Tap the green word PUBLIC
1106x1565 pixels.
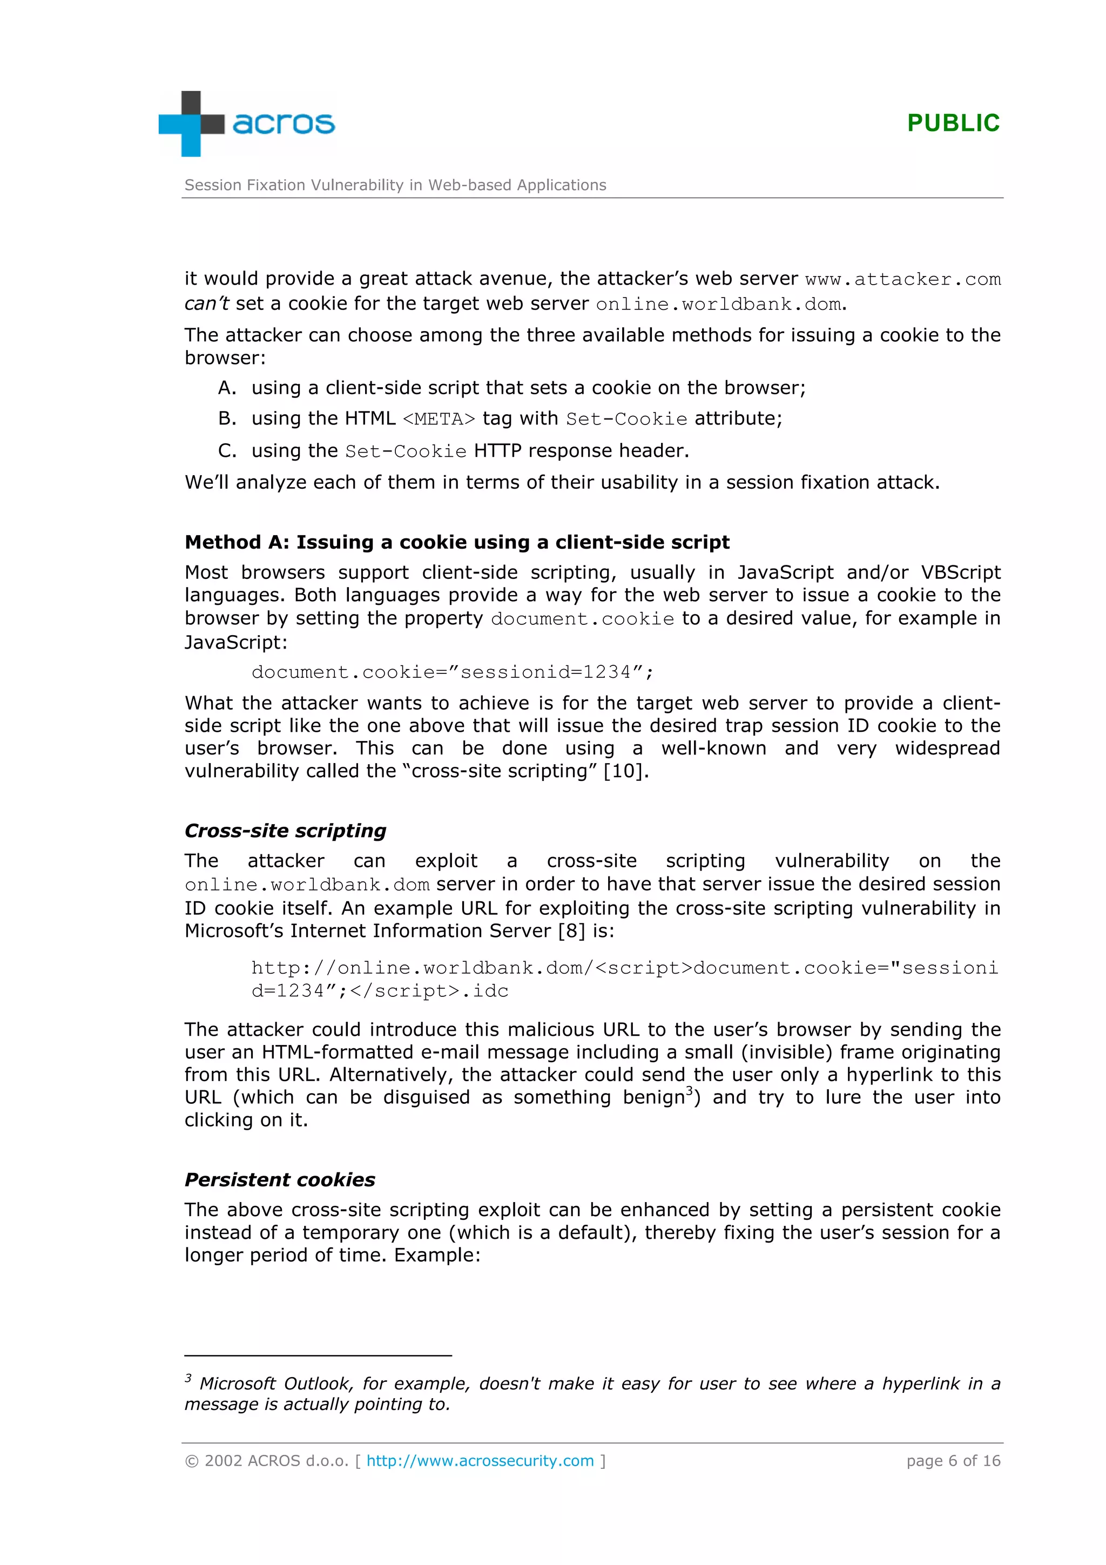953,123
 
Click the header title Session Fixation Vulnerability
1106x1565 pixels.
395,185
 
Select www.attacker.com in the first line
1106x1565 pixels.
902,280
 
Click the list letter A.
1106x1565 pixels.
226,388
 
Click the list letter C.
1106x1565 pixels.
226,450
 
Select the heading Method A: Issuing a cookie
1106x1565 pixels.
456,542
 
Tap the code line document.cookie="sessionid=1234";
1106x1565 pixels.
453,672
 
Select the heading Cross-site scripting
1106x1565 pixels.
285,830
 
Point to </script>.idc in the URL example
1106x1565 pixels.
429,990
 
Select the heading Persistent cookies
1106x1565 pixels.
279,1179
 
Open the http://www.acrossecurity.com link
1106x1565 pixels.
480,1461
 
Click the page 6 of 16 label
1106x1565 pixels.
953,1461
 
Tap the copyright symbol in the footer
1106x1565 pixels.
192,1461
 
